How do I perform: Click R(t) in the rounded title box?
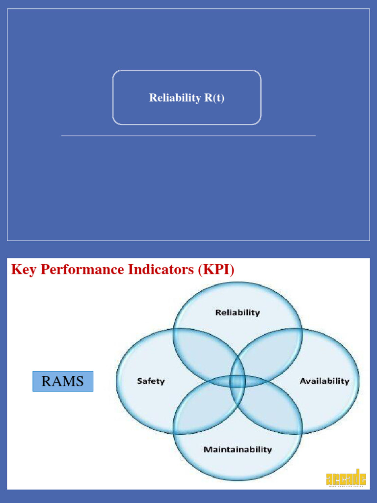point(214,98)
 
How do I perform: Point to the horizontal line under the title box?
point(188,136)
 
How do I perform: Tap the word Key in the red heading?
point(24,270)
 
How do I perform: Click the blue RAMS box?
point(63,381)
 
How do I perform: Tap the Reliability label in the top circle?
point(238,312)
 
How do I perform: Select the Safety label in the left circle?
point(151,381)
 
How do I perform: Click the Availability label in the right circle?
point(324,381)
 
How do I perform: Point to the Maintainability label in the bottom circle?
point(238,449)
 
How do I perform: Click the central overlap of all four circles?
point(238,381)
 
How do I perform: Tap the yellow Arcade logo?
point(346,477)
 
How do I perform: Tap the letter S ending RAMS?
point(80,381)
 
